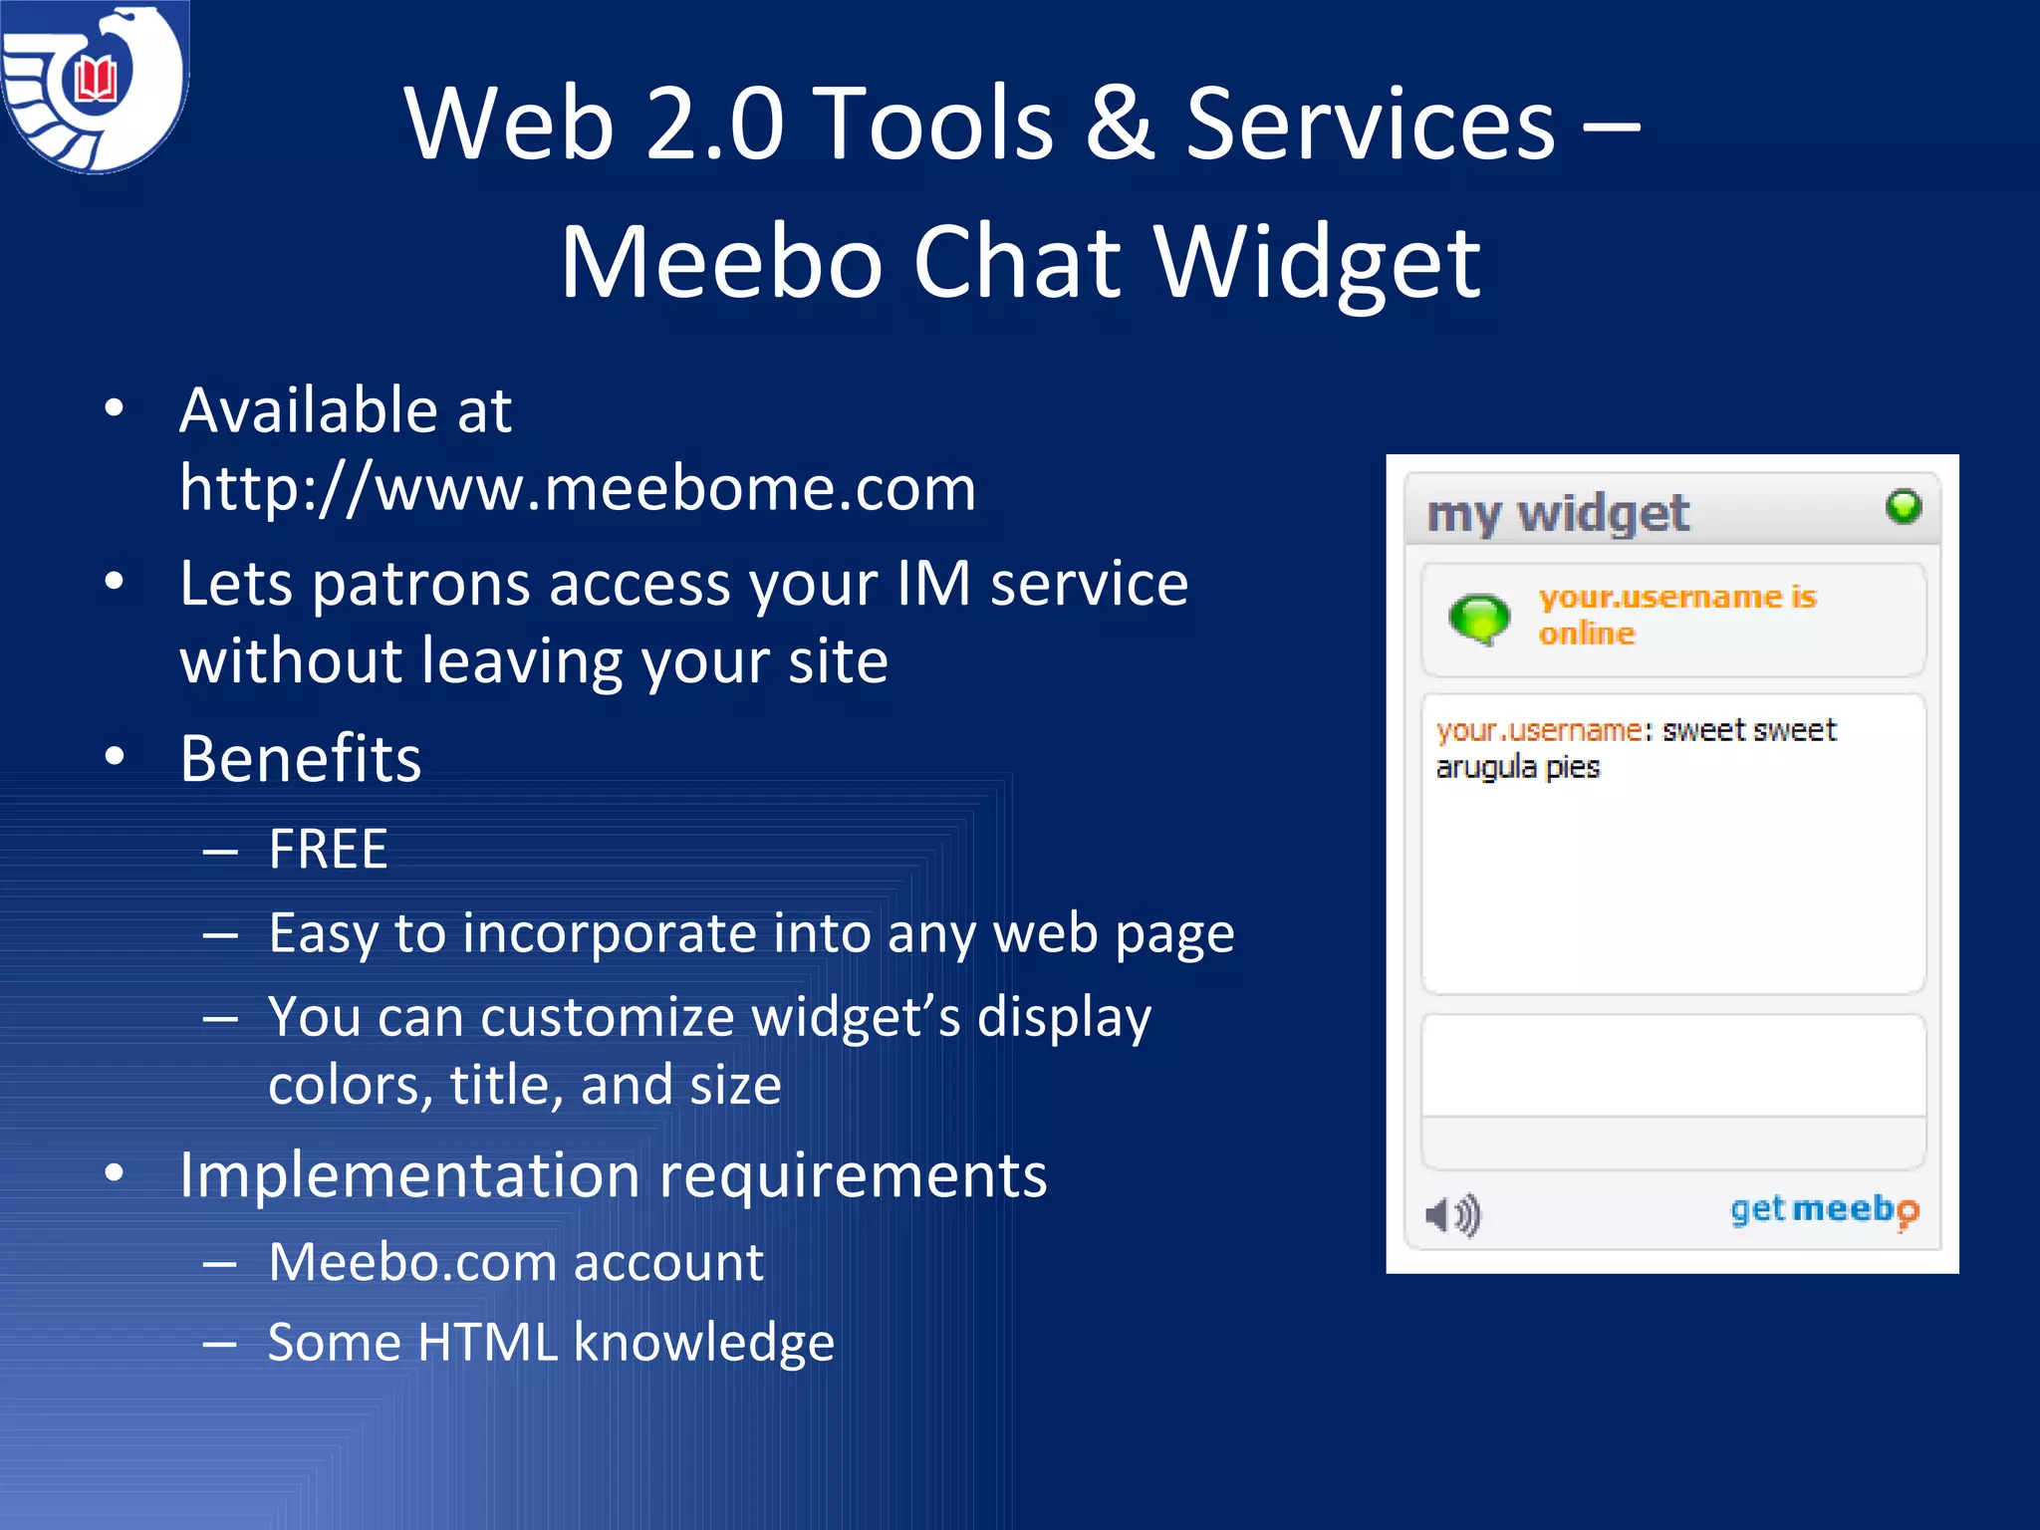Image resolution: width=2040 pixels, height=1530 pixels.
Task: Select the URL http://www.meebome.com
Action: tap(578, 488)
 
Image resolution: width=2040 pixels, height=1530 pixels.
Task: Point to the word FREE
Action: tap(328, 850)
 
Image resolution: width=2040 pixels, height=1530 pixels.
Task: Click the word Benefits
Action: tap(301, 759)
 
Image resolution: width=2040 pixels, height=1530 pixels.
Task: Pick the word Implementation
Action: tap(408, 1175)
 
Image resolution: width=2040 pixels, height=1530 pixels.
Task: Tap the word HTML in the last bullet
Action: tap(487, 1343)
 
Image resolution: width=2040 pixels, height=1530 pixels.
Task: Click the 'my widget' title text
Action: tap(1558, 514)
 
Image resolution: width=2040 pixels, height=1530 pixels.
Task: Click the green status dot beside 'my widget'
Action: tap(1903, 507)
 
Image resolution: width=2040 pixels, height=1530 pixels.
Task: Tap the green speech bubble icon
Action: tap(1479, 619)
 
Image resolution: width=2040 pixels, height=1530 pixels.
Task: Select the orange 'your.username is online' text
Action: tap(1677, 615)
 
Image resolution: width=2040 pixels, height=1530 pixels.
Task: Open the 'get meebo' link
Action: tap(1824, 1210)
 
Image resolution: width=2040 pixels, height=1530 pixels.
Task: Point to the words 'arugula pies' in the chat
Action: tap(1517, 768)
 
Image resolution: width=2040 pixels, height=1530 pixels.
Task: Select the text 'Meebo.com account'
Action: tap(516, 1263)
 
